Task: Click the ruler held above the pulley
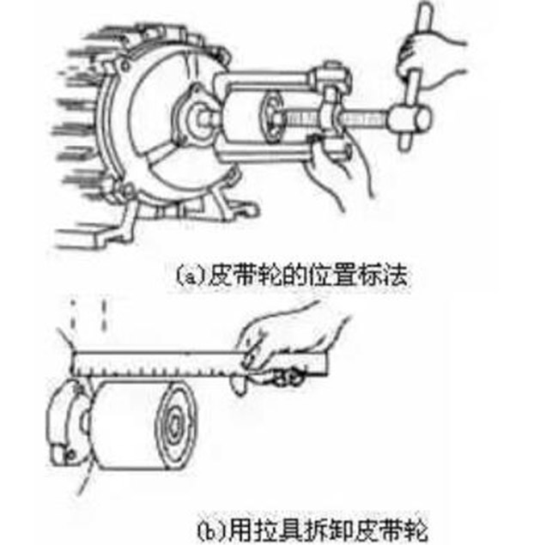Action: [x=199, y=364]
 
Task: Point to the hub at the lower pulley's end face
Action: [x=175, y=424]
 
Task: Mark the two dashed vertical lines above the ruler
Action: [x=88, y=316]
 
